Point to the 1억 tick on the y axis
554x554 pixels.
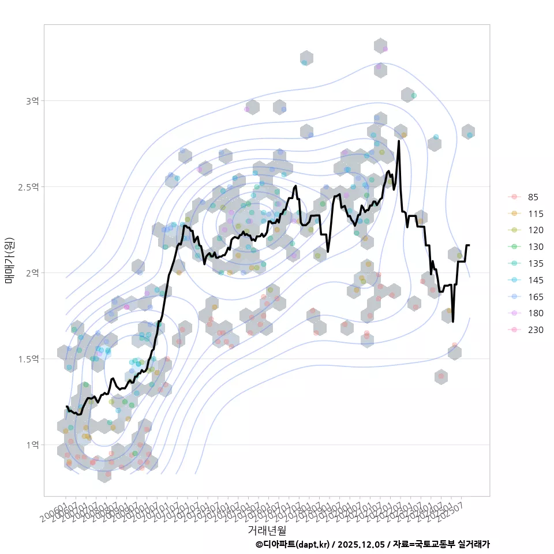[x=32, y=445]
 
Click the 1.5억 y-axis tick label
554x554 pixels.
[x=29, y=359]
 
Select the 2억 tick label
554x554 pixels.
[x=32, y=272]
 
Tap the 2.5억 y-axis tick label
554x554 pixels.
[x=29, y=187]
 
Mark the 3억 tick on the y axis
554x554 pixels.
[x=32, y=101]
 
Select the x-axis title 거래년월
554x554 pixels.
[x=267, y=530]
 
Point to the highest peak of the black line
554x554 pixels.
[x=399, y=141]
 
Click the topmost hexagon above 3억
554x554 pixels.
[x=380, y=46]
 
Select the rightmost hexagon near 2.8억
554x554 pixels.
[x=468, y=132]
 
